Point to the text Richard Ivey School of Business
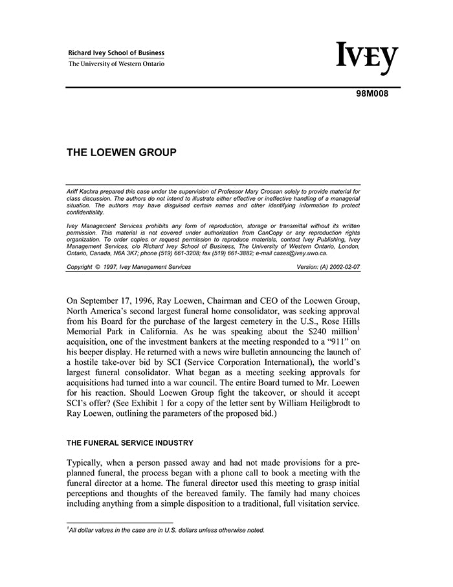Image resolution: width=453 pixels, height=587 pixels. pos(116,53)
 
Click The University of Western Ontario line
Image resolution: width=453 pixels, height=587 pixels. pos(116,64)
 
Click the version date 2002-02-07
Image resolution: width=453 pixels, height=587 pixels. pos(343,267)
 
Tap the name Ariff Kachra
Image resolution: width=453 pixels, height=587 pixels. pos(84,192)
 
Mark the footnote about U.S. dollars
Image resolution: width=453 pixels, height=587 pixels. pos(166,530)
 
